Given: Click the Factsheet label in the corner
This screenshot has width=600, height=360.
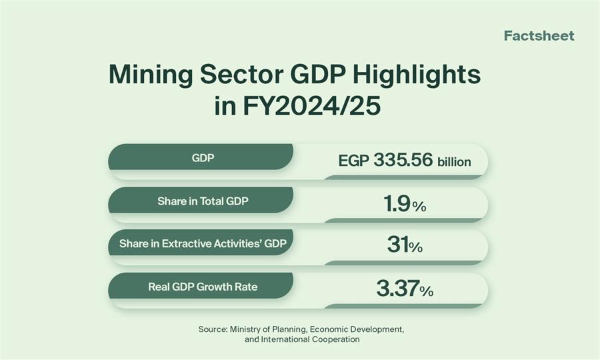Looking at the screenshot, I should pos(539,36).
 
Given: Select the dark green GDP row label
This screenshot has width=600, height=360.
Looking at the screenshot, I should pos(200,157).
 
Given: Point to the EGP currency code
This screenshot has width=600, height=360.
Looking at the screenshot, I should pos(353,161).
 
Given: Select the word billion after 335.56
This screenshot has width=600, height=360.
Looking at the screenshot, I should pos(454,162).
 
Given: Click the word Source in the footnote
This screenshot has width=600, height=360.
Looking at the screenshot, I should pos(212,329).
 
